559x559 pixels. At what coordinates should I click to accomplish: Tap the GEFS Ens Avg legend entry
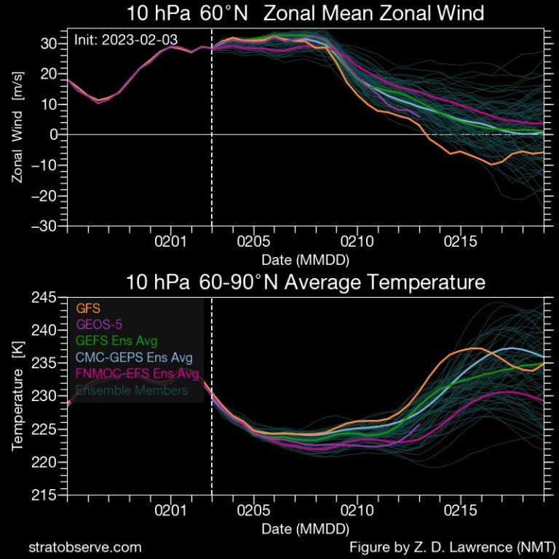coord(116,341)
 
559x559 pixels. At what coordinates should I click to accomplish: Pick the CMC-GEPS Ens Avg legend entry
coord(129,357)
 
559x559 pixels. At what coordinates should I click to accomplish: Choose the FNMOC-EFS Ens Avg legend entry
coord(137,373)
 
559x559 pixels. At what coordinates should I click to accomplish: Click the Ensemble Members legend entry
coord(130,390)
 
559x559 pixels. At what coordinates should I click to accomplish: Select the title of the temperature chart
coord(305,282)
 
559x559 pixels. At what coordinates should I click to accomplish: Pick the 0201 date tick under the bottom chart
coord(171,511)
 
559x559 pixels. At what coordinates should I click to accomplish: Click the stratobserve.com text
coord(84,547)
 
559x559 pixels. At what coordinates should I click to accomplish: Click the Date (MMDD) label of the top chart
coord(305,259)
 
